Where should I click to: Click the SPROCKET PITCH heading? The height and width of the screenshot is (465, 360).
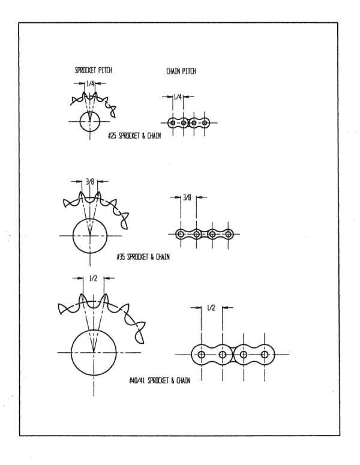coord(94,70)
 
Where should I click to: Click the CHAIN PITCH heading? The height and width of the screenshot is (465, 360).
coord(181,71)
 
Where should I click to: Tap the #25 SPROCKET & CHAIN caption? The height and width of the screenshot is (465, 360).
coord(134,136)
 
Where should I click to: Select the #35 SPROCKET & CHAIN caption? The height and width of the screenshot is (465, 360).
coord(143,257)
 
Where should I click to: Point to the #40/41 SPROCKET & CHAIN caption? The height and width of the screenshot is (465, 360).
coord(160,380)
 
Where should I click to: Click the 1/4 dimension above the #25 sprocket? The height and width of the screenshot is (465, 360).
coord(90,83)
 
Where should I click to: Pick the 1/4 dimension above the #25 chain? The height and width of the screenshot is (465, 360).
coord(178,97)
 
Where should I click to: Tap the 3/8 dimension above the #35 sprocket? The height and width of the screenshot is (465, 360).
coord(90,181)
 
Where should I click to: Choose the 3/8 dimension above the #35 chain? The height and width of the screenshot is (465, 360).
coord(187,197)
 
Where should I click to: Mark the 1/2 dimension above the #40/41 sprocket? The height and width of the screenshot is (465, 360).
coord(93,278)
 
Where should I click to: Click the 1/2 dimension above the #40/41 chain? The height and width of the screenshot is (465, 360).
coord(211,308)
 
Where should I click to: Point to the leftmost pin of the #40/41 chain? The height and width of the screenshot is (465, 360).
coord(202,355)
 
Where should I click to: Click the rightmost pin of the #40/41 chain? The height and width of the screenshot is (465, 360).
coord(265,355)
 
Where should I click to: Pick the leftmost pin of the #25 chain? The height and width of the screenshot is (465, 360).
coord(173,122)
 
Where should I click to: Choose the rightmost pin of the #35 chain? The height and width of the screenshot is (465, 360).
coord(228,234)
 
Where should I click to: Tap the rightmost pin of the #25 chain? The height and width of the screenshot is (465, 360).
coord(205,122)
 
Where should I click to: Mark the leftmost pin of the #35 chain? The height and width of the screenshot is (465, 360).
coord(180,234)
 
